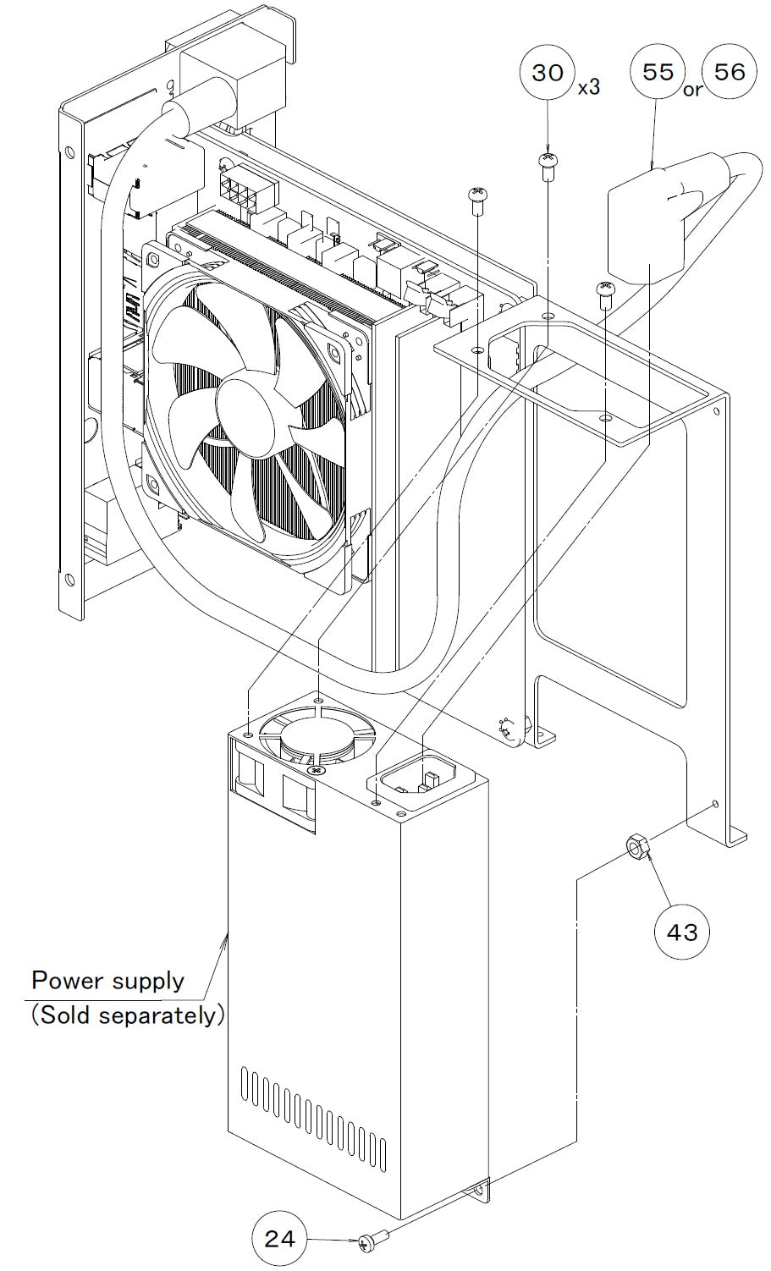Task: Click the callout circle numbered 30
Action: click(548, 72)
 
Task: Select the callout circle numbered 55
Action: click(658, 72)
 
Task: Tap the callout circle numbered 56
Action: click(730, 72)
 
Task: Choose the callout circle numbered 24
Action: click(279, 1239)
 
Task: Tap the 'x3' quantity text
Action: click(588, 88)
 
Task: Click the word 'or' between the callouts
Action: click(692, 90)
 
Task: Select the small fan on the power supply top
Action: click(317, 739)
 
